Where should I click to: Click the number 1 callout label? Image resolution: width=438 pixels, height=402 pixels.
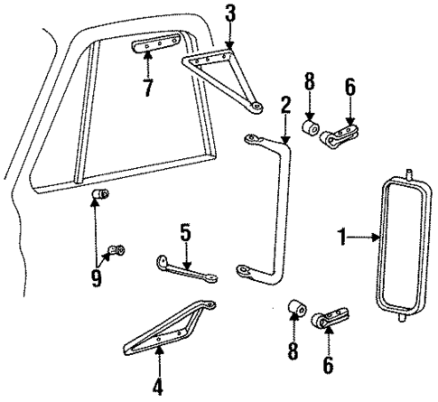tap(342, 238)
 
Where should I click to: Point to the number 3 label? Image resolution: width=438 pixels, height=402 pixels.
tap(232, 16)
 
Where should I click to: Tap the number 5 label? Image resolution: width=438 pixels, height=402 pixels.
tap(185, 234)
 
